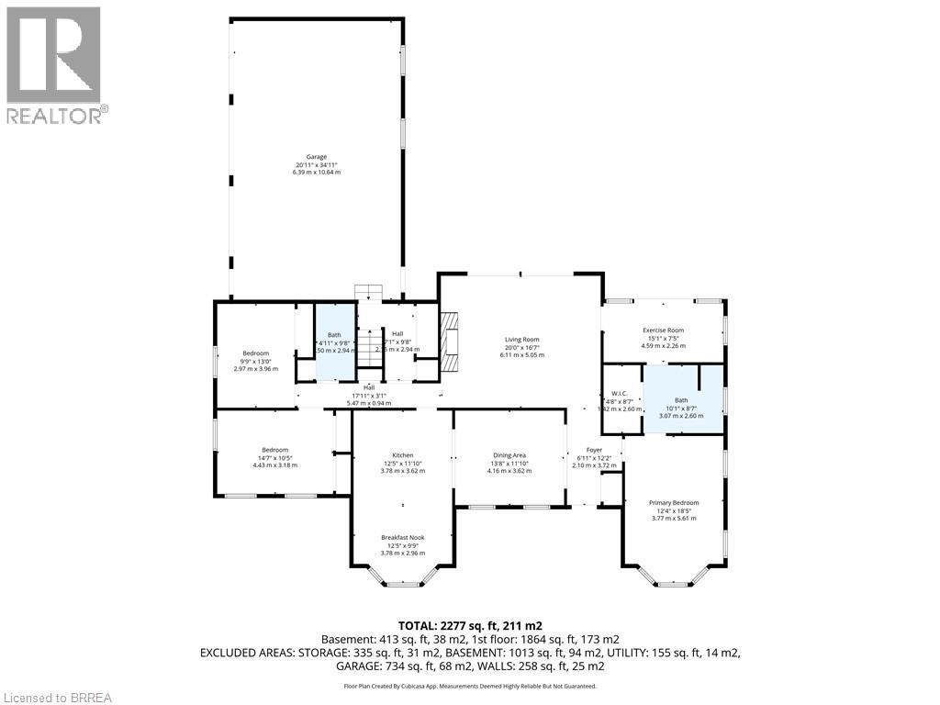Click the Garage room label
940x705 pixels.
coord(316,157)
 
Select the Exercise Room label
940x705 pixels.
coord(663,330)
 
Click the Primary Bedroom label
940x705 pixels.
coord(674,503)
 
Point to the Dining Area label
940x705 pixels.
coord(509,455)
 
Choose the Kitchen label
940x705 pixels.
coord(403,455)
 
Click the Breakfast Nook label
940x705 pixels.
coord(403,538)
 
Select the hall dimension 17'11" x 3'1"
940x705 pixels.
coord(368,396)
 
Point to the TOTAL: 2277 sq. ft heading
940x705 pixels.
coord(469,626)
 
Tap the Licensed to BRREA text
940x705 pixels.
coord(57,697)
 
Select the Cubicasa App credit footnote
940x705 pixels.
coord(469,686)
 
